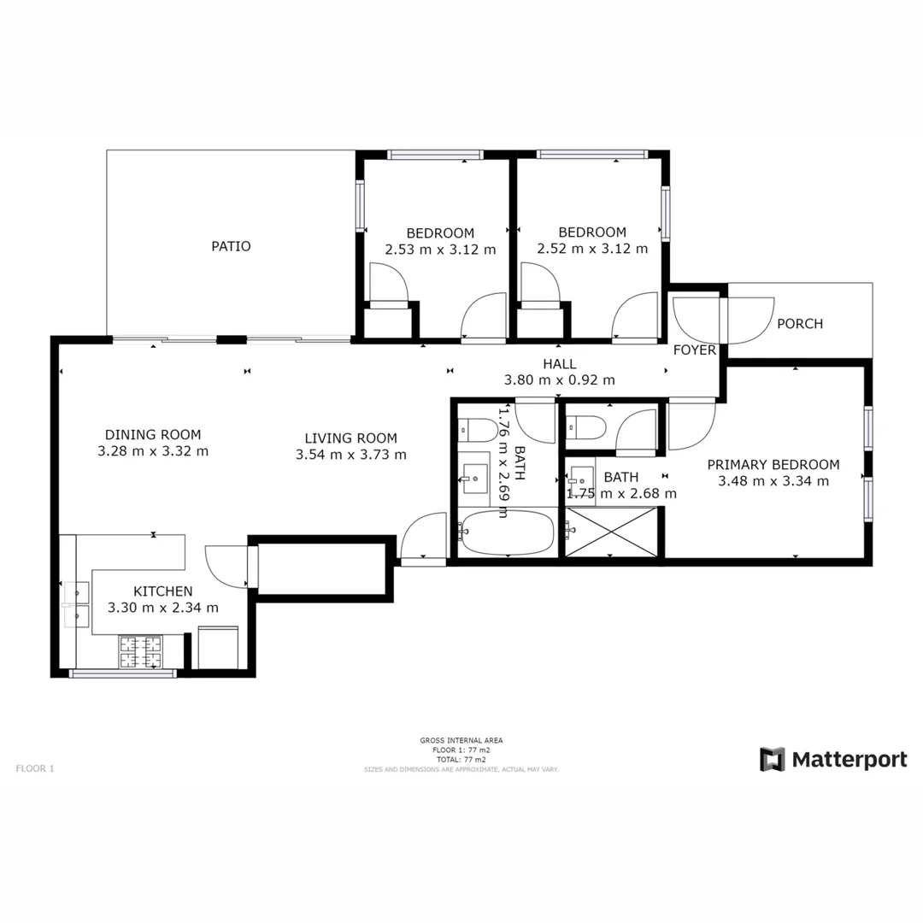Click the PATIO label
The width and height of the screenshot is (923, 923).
231,246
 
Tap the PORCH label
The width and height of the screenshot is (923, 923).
800,324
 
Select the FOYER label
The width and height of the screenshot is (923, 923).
694,350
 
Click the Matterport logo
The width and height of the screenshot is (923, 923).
833,759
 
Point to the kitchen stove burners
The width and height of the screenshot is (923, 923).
140,652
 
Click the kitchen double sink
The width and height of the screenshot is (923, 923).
76,604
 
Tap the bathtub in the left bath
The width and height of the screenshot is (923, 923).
508,532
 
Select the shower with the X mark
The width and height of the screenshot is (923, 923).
611,532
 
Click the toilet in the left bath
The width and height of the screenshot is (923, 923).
476,429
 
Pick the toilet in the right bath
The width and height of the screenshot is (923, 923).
586,426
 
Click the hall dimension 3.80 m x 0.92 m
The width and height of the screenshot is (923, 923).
560,380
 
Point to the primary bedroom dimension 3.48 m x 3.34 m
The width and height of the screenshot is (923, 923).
773,480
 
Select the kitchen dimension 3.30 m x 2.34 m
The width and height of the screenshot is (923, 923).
162,608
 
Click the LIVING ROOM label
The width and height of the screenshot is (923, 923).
350,438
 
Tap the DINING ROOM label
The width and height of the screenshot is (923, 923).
153,434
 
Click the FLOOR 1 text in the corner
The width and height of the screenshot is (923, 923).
35,768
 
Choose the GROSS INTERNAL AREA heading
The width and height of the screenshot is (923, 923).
461,740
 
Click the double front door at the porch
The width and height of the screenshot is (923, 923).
723,320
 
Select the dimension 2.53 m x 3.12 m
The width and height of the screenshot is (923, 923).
440,250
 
